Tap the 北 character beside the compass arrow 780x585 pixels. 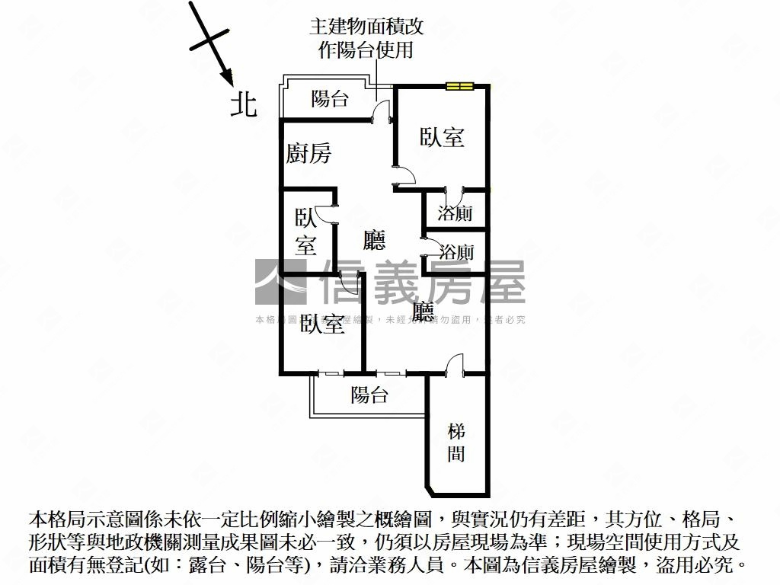(x=245, y=104)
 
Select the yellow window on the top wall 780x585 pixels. (x=460, y=86)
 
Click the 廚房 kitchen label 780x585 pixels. (x=308, y=154)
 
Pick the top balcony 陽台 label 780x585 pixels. (x=331, y=99)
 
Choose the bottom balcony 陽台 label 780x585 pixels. (x=369, y=395)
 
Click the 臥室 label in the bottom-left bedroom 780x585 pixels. (x=323, y=324)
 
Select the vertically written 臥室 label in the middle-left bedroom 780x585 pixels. (x=306, y=232)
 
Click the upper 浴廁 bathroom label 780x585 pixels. (x=456, y=213)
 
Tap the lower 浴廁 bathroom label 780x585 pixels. (x=458, y=252)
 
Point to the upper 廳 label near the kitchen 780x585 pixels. (x=374, y=241)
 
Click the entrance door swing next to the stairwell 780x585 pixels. (x=455, y=363)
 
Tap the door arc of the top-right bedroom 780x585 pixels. (x=404, y=175)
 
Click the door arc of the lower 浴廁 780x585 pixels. (x=431, y=248)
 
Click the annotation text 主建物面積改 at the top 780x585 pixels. (x=366, y=27)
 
